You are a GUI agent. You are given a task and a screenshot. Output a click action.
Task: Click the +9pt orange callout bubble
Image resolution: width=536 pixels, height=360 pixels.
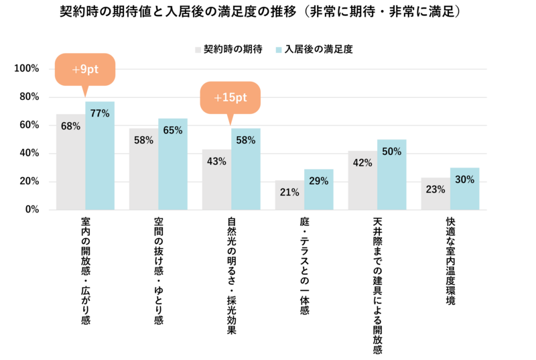tap(85, 69)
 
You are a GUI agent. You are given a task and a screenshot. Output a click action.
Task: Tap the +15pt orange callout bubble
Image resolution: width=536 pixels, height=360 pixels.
tap(230, 98)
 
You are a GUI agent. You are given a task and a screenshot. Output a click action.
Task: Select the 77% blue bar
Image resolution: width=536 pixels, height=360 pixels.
tap(100, 158)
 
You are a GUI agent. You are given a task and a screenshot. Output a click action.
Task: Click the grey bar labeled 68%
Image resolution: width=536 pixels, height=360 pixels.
tap(70, 164)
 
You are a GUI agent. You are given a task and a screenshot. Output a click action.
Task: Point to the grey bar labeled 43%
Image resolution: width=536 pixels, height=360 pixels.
tap(216, 181)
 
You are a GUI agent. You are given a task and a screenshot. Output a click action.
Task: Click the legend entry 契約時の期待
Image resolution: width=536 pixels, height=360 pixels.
tap(228, 49)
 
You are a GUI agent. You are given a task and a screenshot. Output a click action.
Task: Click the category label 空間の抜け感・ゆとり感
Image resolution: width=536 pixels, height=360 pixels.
tap(159, 271)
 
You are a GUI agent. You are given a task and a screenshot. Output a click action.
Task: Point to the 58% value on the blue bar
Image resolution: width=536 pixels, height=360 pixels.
tap(246, 140)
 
